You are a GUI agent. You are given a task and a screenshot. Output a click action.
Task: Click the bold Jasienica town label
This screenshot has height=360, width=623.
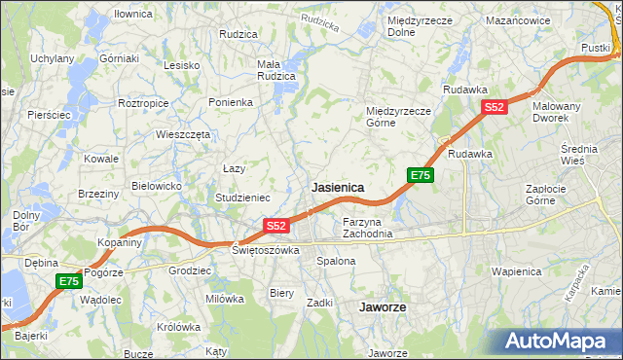338,187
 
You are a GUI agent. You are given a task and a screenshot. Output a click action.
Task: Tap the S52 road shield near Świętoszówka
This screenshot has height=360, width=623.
276,226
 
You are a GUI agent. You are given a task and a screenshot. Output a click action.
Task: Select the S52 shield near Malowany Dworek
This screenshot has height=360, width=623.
495,108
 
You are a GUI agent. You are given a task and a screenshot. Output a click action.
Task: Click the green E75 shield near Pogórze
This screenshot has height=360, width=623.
67,281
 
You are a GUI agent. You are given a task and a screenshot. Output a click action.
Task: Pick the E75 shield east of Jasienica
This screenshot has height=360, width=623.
420,175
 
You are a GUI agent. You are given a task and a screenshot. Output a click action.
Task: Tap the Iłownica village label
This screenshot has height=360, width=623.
133,15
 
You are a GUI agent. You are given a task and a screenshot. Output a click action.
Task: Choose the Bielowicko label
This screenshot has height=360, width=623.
157,185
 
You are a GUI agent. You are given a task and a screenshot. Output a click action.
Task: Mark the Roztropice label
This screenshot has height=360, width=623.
143,102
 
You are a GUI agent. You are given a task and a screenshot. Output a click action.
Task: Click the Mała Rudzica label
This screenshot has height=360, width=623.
275,71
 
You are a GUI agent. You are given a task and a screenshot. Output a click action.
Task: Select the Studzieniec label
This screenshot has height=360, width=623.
242,198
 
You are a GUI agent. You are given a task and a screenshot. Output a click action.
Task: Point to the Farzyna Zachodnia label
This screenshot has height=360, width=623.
368,228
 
